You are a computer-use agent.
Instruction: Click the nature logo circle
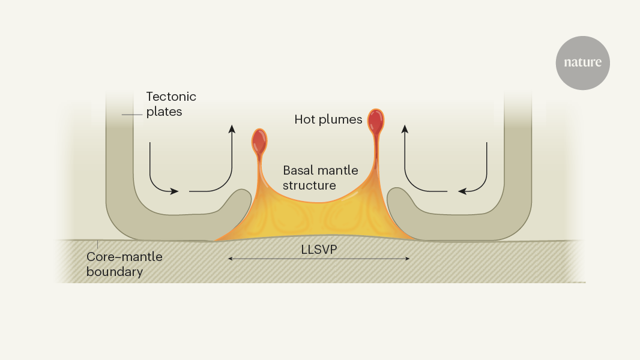pyautogui.click(x=582, y=63)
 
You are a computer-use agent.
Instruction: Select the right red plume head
pyautogui.click(x=376, y=121)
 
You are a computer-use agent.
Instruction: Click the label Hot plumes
pyautogui.click(x=328, y=119)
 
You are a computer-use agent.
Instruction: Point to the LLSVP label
pyautogui.click(x=318, y=247)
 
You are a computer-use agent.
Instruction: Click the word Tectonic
pyautogui.click(x=171, y=97)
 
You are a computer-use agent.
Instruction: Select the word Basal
pyautogui.click(x=298, y=170)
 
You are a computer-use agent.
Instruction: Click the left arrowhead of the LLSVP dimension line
pyautogui.click(x=230, y=259)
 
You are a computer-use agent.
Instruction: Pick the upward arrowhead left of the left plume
pyautogui.click(x=231, y=129)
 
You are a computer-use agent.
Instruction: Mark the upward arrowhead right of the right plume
pyautogui.click(x=405, y=129)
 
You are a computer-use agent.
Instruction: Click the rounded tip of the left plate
pyautogui.click(x=244, y=198)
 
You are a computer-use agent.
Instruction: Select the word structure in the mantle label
pyautogui.click(x=310, y=185)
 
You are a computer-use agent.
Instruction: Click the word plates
pyautogui.click(x=163, y=112)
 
